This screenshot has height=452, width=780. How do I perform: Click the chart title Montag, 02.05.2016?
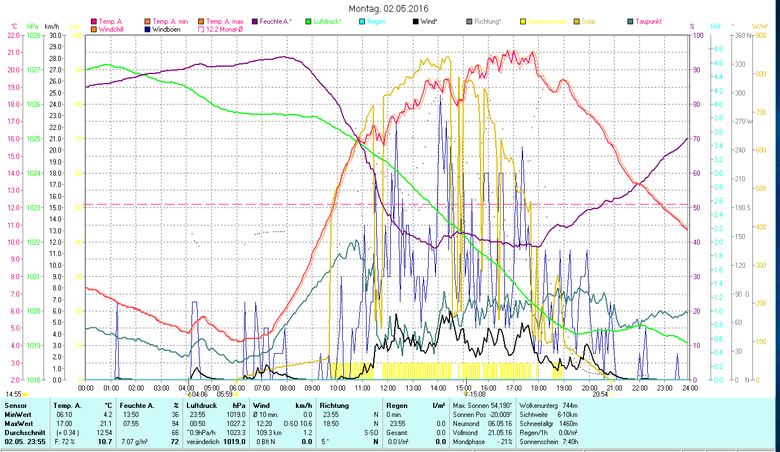(389, 8)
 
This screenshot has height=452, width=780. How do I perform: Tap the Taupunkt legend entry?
(648, 21)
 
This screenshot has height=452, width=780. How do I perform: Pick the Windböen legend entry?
(166, 29)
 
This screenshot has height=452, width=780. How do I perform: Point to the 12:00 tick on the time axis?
(388, 388)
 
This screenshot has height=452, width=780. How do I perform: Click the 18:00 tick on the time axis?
(539, 388)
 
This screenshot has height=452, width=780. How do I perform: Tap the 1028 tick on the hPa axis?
(33, 35)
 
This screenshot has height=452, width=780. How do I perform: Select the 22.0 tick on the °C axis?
(13, 35)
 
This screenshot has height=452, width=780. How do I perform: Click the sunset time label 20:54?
(600, 394)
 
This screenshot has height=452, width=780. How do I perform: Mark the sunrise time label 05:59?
(225, 394)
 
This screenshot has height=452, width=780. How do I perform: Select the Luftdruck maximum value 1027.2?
(237, 423)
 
